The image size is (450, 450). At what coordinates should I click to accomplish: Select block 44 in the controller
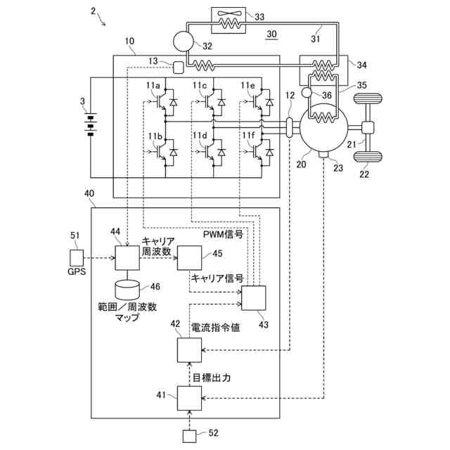[127, 257]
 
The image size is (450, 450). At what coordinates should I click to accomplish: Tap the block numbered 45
[188, 258]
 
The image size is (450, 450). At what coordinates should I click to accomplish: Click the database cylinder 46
[128, 288]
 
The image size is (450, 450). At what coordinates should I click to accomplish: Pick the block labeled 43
[253, 298]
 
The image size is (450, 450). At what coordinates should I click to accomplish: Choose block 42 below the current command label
[188, 349]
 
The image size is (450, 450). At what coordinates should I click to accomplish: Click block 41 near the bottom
[188, 399]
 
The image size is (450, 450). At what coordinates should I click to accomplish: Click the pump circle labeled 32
[182, 42]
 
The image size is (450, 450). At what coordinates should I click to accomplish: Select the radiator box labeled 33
[229, 21]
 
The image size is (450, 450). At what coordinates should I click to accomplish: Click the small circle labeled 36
[306, 92]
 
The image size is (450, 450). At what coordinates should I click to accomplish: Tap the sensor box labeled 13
[178, 67]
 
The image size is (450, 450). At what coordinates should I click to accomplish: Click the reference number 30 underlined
[272, 35]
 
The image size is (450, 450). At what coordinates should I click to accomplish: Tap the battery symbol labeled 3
[89, 123]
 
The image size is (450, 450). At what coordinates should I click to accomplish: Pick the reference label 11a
[153, 86]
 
